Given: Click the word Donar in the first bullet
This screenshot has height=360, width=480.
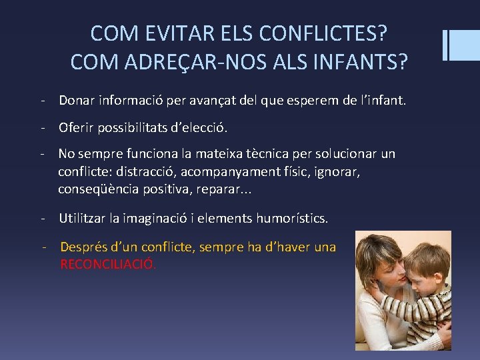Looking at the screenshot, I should coord(77,101).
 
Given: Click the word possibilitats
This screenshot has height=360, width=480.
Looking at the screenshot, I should coord(135,127).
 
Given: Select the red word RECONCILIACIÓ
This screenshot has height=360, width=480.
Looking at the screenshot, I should coord(108,264).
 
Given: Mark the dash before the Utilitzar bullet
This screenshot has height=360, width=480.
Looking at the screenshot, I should coord(43,218).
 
